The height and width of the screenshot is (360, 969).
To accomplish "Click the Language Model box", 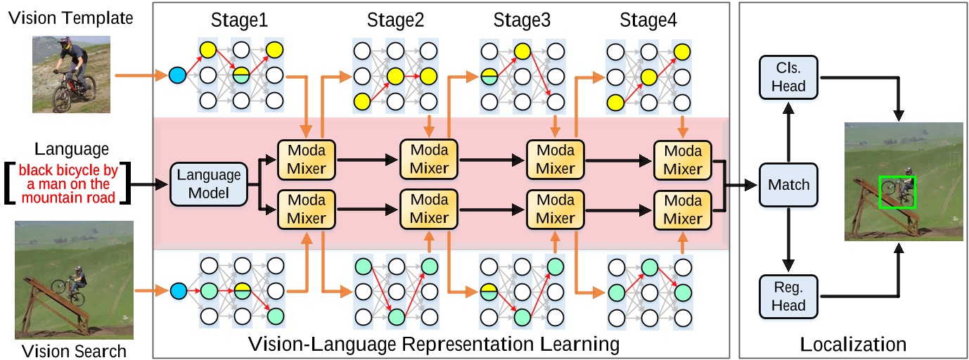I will click(x=208, y=185).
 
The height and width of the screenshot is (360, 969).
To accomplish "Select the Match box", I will click(x=788, y=185).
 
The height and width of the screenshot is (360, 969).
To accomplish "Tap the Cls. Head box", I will click(x=788, y=77).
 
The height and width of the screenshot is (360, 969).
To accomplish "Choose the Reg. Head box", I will click(x=788, y=296).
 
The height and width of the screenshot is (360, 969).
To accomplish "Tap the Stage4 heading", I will click(x=648, y=21).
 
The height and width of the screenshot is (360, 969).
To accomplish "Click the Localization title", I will click(x=853, y=345).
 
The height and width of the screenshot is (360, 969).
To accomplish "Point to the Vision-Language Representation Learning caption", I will click(x=434, y=345).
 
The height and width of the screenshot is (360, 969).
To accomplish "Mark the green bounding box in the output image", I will click(x=897, y=191).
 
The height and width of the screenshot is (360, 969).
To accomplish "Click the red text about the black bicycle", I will click(x=68, y=184).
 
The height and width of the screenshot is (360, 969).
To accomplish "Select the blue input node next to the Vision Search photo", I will click(x=177, y=290).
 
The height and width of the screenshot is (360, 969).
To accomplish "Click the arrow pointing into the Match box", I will click(x=741, y=186).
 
